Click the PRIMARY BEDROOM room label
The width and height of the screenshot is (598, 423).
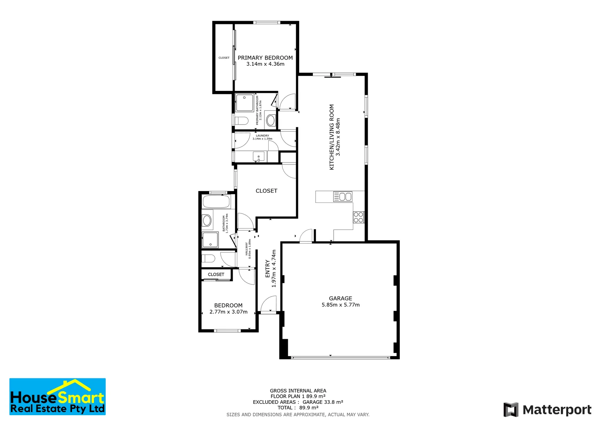[x=265, y=58]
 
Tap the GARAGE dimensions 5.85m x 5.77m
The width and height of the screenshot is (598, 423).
[x=340, y=305]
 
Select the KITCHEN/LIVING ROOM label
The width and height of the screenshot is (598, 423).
[x=332, y=137]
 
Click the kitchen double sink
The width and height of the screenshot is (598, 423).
[x=343, y=197]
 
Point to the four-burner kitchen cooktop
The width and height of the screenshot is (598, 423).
[x=358, y=217]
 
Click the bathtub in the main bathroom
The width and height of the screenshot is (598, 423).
[x=216, y=202]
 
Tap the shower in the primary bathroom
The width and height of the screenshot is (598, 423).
[x=245, y=103]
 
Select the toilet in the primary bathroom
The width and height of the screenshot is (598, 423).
[x=240, y=120]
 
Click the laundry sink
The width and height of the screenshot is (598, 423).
[x=259, y=157]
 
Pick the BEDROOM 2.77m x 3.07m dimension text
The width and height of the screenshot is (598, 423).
[x=228, y=312]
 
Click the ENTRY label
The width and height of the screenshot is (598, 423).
[x=267, y=268]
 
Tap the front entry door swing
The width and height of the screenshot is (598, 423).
[x=269, y=304]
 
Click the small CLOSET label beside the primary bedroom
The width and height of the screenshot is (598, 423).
[x=224, y=58]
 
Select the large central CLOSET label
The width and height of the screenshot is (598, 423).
[x=266, y=191]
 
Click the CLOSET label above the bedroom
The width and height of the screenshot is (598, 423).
[x=216, y=275]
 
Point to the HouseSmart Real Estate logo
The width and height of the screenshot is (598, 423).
[x=58, y=396]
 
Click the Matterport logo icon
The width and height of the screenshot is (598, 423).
[x=511, y=410]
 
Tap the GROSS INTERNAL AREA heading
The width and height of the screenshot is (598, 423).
[x=298, y=390]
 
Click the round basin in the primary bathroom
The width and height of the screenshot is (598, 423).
[x=271, y=120]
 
